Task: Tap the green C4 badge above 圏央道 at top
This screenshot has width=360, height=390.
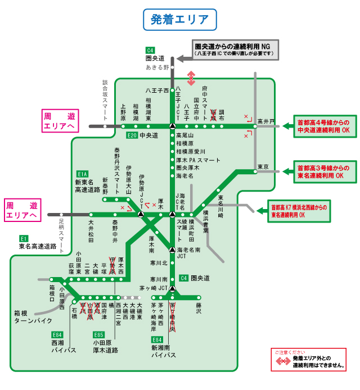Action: coord(150,49)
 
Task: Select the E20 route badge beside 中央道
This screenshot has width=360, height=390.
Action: coord(132,135)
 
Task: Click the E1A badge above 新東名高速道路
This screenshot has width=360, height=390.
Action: coord(83,174)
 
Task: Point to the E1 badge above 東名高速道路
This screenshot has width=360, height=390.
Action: coord(24,238)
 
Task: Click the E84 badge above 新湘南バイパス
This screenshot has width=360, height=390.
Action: coord(157,339)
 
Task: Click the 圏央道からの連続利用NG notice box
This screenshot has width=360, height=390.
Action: coord(236,49)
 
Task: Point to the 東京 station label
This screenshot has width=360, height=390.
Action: coord(263,167)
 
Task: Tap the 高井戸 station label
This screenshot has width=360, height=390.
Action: coord(265,121)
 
